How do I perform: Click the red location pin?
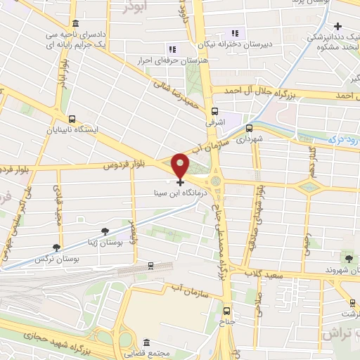point(181,165)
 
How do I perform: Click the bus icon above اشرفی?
point(214,110)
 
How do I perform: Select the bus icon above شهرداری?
point(249,128)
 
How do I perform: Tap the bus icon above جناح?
point(226,310)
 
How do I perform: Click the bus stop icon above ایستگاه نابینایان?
point(72,119)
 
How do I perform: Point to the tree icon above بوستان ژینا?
point(105,231)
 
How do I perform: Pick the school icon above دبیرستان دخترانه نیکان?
point(236,32)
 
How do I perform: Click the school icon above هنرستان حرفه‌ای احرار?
point(171,49)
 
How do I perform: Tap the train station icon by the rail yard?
point(150,266)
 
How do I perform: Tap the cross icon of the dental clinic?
point(338,27)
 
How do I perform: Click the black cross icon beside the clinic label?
point(181,182)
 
